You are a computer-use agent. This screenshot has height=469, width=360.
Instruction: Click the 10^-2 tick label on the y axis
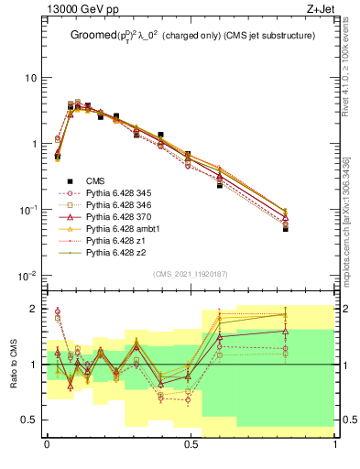27,276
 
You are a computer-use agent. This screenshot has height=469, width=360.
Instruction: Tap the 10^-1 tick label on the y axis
27,210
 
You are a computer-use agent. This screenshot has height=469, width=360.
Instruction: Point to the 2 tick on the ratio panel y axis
37,309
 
